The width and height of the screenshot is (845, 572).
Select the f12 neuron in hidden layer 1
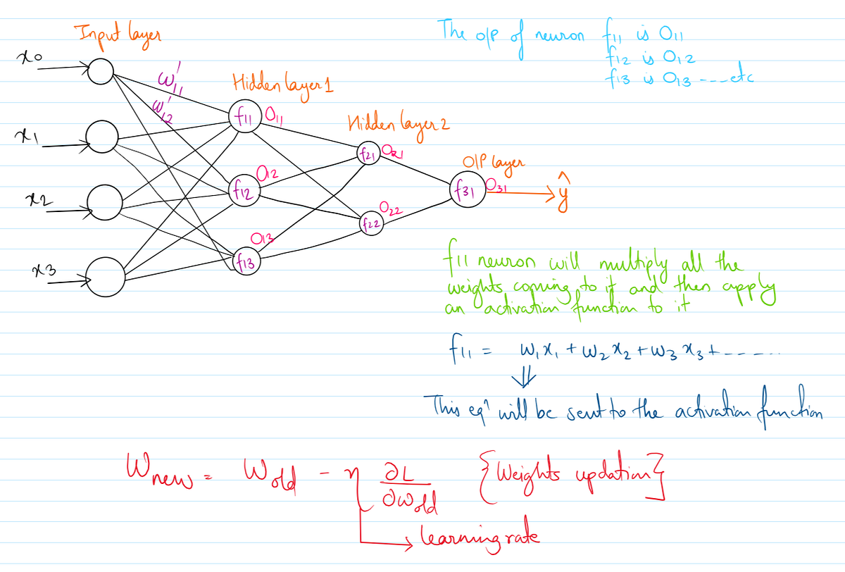tap(242, 188)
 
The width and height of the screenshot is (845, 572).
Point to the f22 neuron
tap(373, 223)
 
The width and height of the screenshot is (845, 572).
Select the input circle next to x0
tap(101, 70)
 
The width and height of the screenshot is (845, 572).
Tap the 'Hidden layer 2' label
tap(398, 125)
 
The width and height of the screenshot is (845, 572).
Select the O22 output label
tap(390, 207)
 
